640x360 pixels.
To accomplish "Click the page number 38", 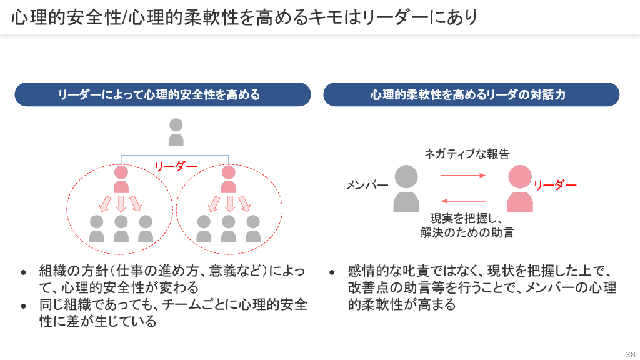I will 630,354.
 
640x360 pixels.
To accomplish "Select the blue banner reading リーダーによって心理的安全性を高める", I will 162,94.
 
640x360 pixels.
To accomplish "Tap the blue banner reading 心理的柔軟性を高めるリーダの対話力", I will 471,94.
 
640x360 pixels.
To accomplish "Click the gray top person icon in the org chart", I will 176,132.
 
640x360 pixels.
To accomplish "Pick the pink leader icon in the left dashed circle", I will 121,179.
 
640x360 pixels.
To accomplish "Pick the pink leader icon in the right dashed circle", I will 229,179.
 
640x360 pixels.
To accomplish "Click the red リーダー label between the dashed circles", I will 176,166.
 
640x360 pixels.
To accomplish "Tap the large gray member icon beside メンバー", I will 406,189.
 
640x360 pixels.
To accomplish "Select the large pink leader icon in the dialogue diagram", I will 520,189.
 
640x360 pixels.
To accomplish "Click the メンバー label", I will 367,186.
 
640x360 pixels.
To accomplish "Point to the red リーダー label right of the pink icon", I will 555,185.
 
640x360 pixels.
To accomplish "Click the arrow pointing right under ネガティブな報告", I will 463,176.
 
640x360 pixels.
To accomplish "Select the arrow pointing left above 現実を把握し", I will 463,201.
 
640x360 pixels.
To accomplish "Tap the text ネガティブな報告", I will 467,154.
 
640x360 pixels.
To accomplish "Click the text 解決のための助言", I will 467,233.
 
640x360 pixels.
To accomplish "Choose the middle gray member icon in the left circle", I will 121,229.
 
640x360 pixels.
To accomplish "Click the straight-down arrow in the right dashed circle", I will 229,204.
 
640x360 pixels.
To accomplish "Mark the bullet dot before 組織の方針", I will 24,273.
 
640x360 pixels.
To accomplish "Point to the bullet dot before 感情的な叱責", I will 332,273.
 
